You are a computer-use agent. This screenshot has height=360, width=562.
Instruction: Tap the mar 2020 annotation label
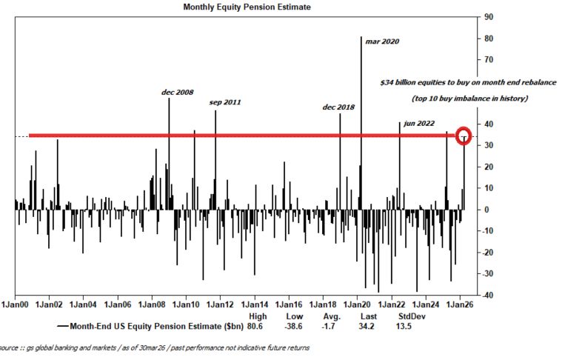pyautogui.click(x=382, y=41)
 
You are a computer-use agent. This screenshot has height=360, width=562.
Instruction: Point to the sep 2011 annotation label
pyautogui.click(x=225, y=102)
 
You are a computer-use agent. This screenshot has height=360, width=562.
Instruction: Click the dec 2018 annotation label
pyautogui.click(x=338, y=107)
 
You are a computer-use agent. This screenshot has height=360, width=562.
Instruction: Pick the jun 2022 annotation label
pyautogui.click(x=419, y=124)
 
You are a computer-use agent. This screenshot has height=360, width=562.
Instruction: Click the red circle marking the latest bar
pyautogui.click(x=464, y=136)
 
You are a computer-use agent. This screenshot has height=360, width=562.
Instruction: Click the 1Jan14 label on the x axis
pyautogui.click(x=255, y=304)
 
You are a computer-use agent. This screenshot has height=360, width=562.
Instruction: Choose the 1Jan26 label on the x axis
pyautogui.click(x=461, y=304)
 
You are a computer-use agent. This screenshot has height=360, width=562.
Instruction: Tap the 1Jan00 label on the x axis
pyautogui.click(x=16, y=304)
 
